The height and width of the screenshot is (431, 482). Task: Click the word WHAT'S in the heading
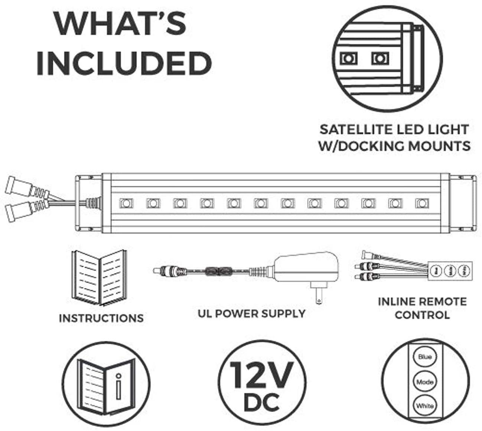click(x=120, y=24)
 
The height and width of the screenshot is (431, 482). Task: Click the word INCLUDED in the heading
click(x=124, y=63)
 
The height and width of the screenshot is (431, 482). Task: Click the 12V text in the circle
click(x=261, y=375)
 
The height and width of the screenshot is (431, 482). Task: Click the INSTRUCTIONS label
click(x=101, y=318)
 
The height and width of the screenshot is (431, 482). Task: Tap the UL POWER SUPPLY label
click(x=252, y=314)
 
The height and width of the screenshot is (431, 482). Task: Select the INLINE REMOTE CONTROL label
click(x=422, y=308)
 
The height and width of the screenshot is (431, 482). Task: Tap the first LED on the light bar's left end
click(x=126, y=203)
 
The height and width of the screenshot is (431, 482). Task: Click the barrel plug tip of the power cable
click(x=158, y=270)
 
